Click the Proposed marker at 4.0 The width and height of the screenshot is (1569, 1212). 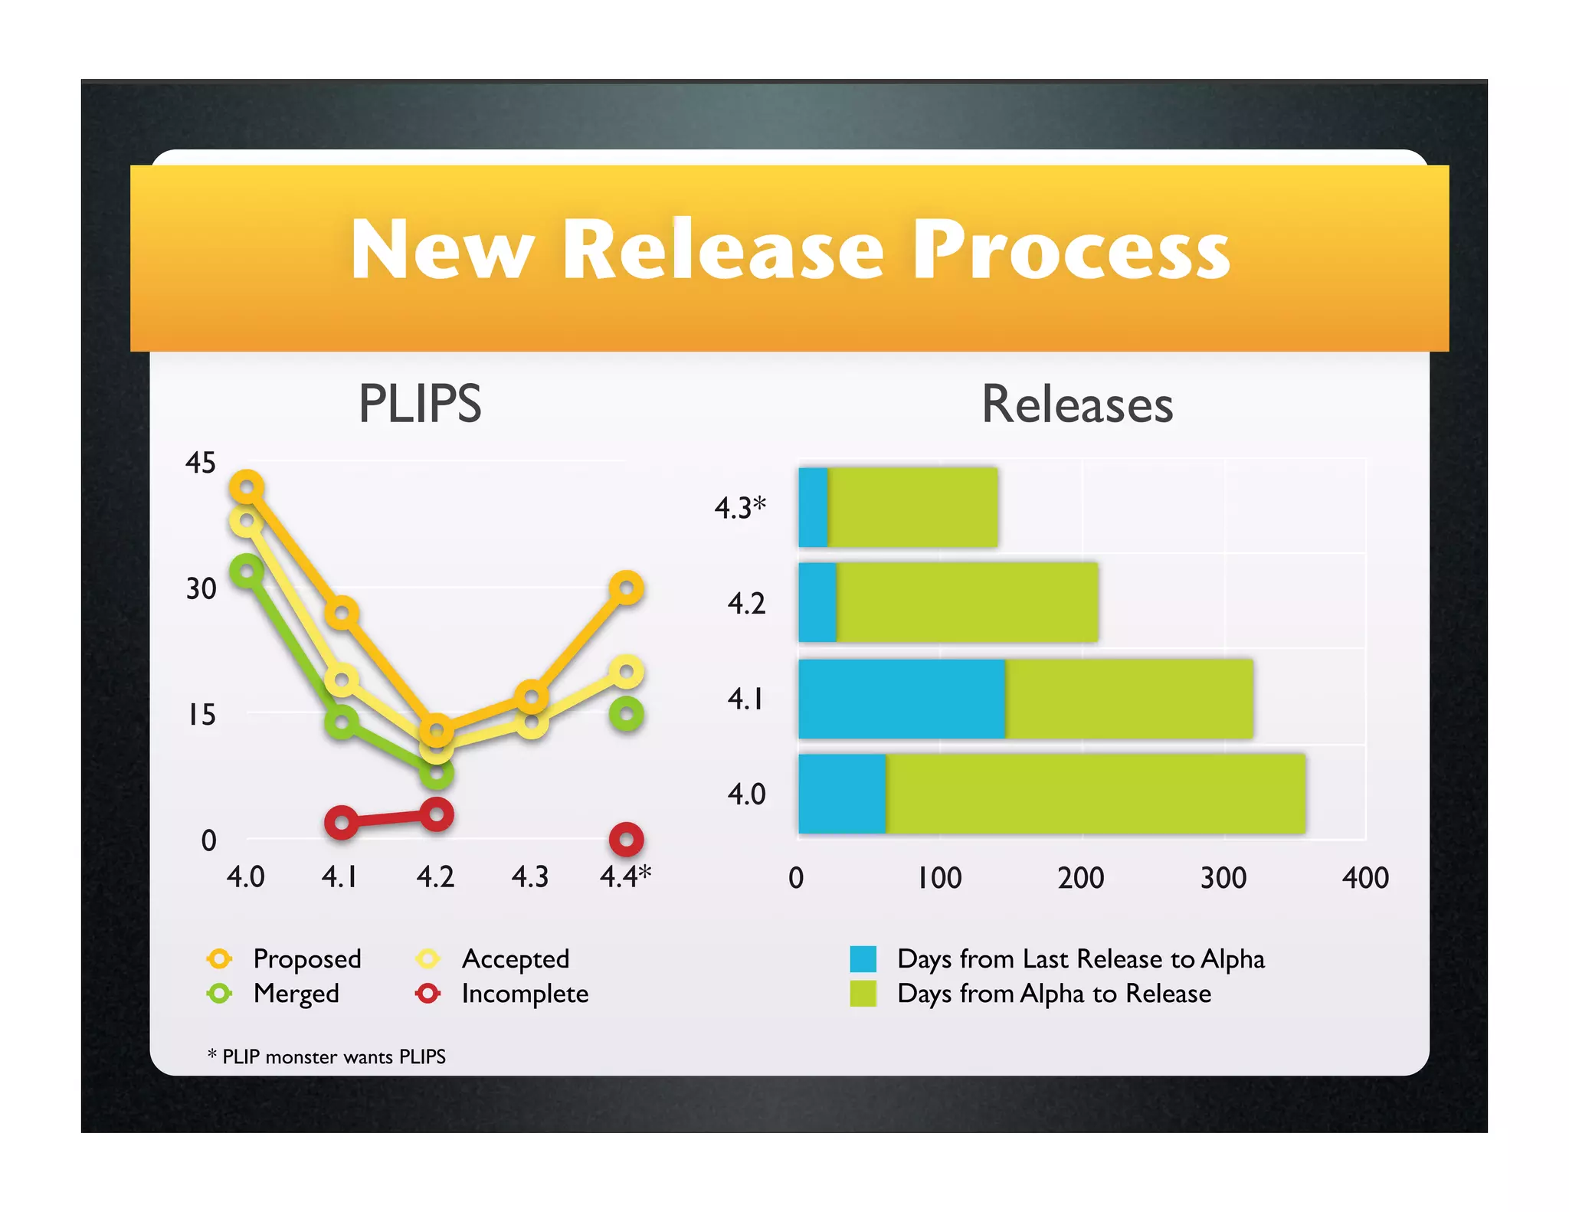point(247,487)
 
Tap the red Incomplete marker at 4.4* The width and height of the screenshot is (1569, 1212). point(626,840)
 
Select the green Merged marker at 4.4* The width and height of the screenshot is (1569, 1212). point(626,715)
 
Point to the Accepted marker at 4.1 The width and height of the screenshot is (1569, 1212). point(342,680)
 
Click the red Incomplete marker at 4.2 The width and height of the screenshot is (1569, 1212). point(437,814)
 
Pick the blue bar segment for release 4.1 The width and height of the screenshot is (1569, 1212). point(901,699)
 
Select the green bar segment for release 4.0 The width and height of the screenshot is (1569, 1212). point(1096,794)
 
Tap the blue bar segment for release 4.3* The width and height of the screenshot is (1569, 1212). point(813,507)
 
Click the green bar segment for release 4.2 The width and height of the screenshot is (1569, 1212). point(967,602)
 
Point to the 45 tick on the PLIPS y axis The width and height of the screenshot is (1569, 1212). point(201,463)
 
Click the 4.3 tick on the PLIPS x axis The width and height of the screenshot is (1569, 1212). point(530,876)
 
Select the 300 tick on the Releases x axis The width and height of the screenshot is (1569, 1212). point(1223,878)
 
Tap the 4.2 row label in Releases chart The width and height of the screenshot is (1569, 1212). point(746,604)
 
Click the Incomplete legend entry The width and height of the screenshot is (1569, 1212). point(524,994)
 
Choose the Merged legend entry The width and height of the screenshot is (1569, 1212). point(296,994)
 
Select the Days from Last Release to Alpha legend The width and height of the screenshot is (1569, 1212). point(1080,959)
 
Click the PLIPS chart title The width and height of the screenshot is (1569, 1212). point(420,404)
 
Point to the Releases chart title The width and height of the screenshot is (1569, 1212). point(1077,405)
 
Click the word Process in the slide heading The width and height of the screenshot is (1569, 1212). point(1071,250)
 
